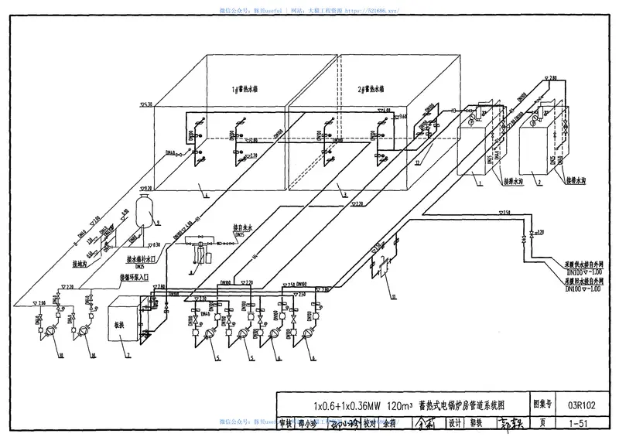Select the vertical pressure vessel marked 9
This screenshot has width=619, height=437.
click(x=142, y=208)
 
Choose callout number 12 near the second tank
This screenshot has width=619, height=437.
click(x=417, y=163)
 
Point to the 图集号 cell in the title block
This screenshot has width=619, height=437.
click(x=544, y=404)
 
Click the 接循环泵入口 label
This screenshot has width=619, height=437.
click(x=139, y=276)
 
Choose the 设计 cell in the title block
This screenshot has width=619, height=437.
click(x=454, y=423)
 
